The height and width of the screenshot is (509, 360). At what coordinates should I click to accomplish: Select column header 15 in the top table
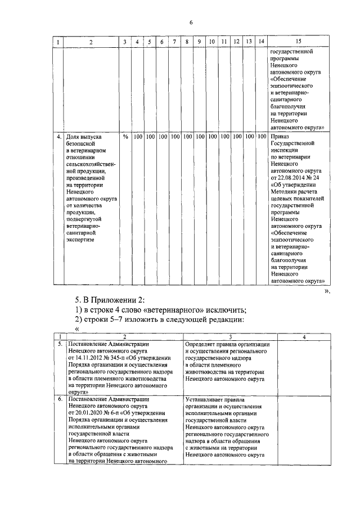(298, 42)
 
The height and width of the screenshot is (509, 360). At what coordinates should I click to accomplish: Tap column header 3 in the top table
(124, 42)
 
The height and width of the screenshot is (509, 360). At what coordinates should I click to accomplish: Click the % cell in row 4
(124, 137)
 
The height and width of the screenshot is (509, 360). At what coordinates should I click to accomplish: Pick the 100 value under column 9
(200, 137)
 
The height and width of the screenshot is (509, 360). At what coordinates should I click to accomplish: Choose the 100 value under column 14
(262, 137)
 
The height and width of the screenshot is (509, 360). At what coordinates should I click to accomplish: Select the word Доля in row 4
(73, 137)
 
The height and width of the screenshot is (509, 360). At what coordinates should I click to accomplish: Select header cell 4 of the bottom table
(304, 337)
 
